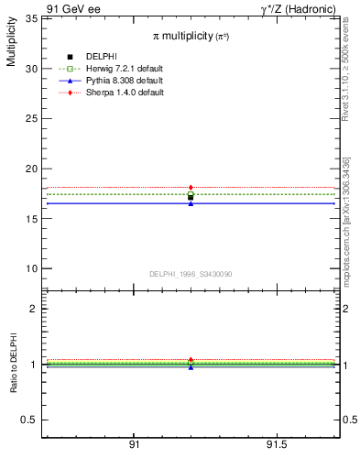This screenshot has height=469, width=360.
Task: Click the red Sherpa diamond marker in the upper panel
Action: tap(191, 188)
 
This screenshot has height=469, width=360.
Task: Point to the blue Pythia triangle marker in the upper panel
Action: tap(191, 203)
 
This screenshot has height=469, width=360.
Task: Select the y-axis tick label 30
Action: tap(30, 69)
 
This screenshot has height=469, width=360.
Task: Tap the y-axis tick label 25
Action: tap(30, 118)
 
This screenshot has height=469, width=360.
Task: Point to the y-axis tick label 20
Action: tap(30, 169)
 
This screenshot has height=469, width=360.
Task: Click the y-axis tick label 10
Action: tap(30, 268)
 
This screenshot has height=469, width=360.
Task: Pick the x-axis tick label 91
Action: tap(134, 445)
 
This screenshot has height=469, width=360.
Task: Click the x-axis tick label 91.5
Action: tap(275, 445)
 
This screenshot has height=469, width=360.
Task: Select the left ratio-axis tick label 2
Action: tap(33, 309)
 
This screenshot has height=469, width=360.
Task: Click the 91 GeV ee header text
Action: tap(73, 8)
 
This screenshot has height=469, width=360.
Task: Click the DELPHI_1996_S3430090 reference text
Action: tap(190, 274)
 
